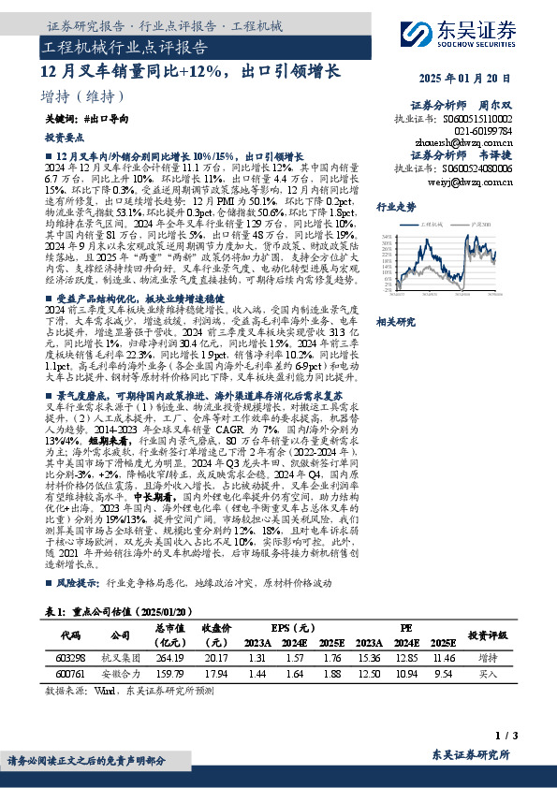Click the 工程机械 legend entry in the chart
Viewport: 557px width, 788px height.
coord(433,225)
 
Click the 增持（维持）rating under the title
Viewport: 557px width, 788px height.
coord(83,96)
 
